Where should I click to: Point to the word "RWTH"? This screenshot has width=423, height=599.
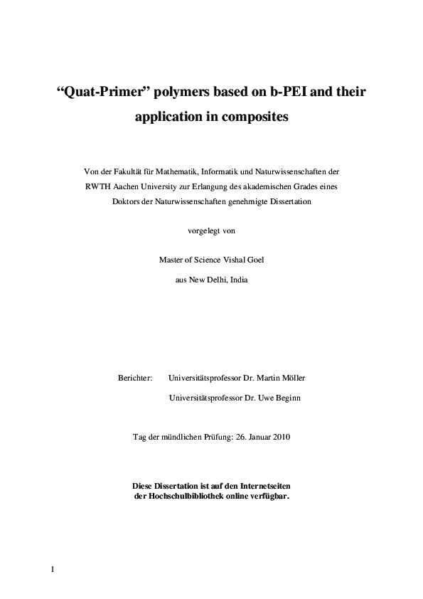click(x=98, y=186)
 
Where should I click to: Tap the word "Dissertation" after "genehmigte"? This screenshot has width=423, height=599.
click(x=287, y=201)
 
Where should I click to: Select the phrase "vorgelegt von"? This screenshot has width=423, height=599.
click(x=210, y=230)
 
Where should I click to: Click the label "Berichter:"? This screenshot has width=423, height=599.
click(x=135, y=378)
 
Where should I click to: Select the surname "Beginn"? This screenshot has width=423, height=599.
click(x=284, y=398)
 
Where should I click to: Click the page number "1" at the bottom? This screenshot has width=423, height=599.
click(x=53, y=568)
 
